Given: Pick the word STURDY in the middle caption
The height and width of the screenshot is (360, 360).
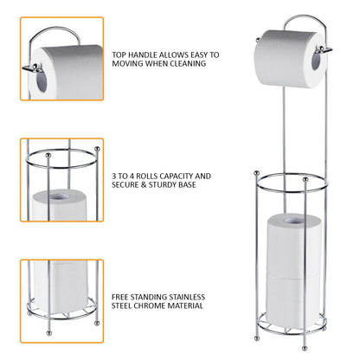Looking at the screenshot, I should (x=166, y=185).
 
